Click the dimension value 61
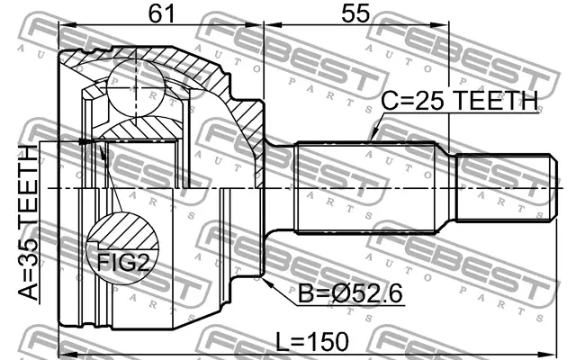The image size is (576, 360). pos(161,13)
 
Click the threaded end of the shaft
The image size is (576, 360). pos(503,187)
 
